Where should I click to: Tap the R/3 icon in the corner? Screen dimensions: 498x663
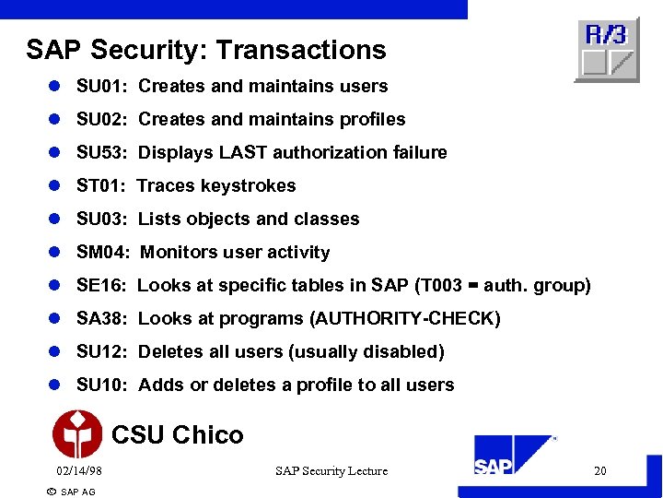coord(607,50)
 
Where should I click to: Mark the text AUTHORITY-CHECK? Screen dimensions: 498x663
coord(405,318)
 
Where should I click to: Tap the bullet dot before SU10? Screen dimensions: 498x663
coord(54,385)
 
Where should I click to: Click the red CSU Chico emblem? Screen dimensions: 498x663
coord(77,433)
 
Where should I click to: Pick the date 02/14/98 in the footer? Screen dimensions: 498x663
coord(78,471)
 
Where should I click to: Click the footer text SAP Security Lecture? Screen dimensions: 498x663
coord(331,471)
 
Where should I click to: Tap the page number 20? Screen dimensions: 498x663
coord(600,471)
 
